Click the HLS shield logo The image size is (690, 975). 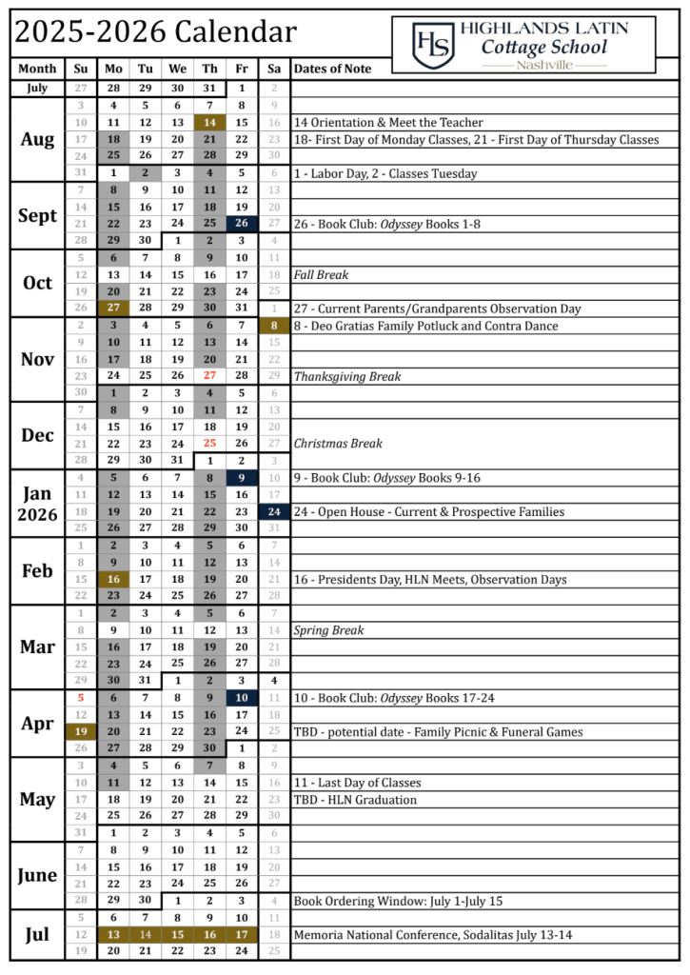[x=430, y=44]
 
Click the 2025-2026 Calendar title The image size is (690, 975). [x=155, y=32]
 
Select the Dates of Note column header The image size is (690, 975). [x=332, y=69]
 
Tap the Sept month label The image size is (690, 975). [x=37, y=215]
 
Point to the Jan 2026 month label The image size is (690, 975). [x=37, y=504]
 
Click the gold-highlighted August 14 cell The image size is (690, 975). [x=209, y=123]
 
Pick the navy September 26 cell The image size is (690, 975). [x=242, y=224]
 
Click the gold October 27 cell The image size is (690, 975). [x=113, y=308]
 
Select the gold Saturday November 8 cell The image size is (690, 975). [x=274, y=326]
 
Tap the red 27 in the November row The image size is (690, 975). [x=209, y=376]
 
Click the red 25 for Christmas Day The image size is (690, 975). [x=209, y=444]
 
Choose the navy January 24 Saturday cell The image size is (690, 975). [x=274, y=511]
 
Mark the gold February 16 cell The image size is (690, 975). [x=113, y=579]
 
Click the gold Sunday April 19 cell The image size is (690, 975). [x=81, y=731]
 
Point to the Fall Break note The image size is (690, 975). [x=321, y=275]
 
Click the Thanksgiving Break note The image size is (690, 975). [x=346, y=376]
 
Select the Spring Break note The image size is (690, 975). [x=328, y=630]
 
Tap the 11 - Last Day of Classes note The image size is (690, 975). [x=357, y=783]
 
